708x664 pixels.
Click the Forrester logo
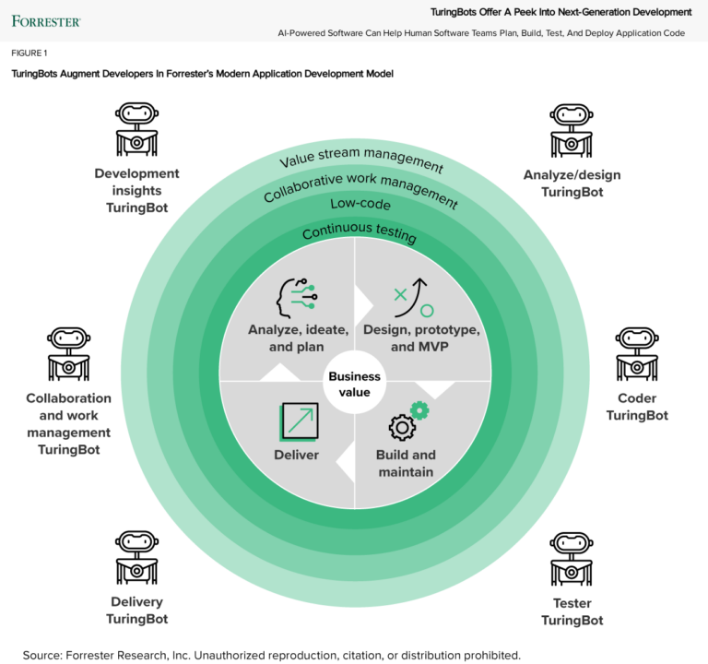pyautogui.click(x=45, y=20)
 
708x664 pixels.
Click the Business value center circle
pyautogui.click(x=355, y=385)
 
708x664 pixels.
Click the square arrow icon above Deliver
pyautogui.click(x=298, y=423)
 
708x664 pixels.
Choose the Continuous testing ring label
pyautogui.click(x=359, y=231)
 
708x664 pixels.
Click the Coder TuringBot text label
pyautogui.click(x=637, y=407)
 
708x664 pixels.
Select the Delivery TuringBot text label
pyautogui.click(x=136, y=611)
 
